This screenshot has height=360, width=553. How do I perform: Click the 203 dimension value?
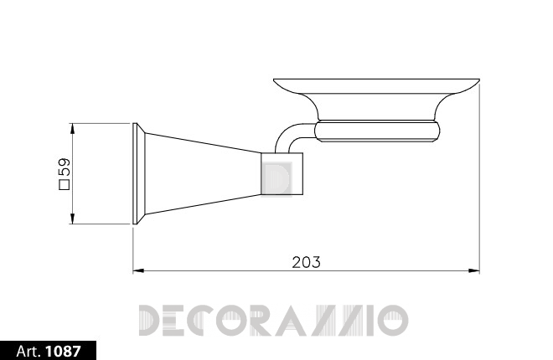point(306,262)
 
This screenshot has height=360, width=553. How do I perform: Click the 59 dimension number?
point(65,167)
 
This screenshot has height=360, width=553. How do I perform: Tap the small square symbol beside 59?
point(65,185)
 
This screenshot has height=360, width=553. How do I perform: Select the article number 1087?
point(64,351)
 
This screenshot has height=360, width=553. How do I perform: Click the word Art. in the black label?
point(28,351)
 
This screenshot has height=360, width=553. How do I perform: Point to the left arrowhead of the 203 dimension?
point(138,271)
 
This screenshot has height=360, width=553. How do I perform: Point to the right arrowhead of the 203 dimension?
point(474,271)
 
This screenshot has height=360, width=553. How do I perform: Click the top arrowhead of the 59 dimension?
point(72,129)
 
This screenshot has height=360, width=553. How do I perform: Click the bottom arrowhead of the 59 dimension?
point(72,219)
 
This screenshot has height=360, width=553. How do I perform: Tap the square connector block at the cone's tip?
point(282,173)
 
